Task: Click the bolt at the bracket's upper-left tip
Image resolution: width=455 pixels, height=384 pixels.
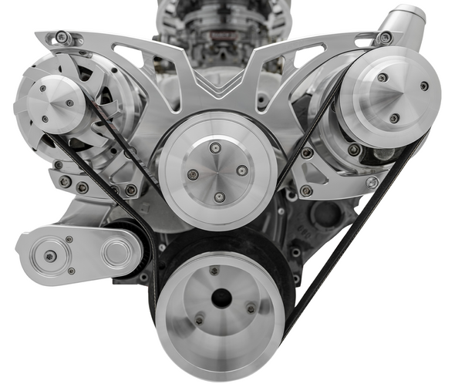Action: [59, 36]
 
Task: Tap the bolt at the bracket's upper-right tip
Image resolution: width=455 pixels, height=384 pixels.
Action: [385, 36]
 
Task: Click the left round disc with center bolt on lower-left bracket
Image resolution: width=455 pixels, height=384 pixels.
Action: [50, 255]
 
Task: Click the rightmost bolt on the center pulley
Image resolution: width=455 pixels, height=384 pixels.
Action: [242, 170]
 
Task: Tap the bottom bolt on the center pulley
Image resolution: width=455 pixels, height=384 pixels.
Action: [219, 197]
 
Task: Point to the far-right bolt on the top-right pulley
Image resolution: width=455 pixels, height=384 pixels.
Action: [424, 86]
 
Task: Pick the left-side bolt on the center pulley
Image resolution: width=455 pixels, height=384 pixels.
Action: [192, 174]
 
